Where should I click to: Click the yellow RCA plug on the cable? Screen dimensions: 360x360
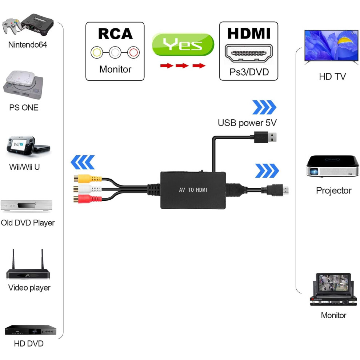[x=88, y=179]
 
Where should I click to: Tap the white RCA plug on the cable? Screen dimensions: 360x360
[x=88, y=189]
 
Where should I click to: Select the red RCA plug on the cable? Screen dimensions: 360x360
[x=88, y=199]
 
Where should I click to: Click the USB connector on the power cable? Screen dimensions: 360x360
[x=265, y=137]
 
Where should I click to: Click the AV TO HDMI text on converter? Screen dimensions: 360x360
[x=193, y=190]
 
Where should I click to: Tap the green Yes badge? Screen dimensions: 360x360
[x=183, y=44]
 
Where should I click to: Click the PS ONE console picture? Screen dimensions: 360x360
[x=23, y=85]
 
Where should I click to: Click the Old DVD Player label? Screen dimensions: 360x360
[x=28, y=223]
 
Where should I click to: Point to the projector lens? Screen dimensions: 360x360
[x=314, y=171]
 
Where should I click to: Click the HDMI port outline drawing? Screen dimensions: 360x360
[x=249, y=53]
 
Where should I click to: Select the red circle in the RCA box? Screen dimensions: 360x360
[x=133, y=52]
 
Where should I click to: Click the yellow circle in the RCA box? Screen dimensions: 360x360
[x=97, y=52]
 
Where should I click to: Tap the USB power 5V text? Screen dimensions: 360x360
[x=247, y=123]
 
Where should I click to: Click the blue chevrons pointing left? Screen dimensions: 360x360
[x=83, y=162]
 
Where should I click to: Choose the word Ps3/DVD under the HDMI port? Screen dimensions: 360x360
[x=249, y=72]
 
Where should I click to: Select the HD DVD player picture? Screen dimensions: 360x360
[x=31, y=330]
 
